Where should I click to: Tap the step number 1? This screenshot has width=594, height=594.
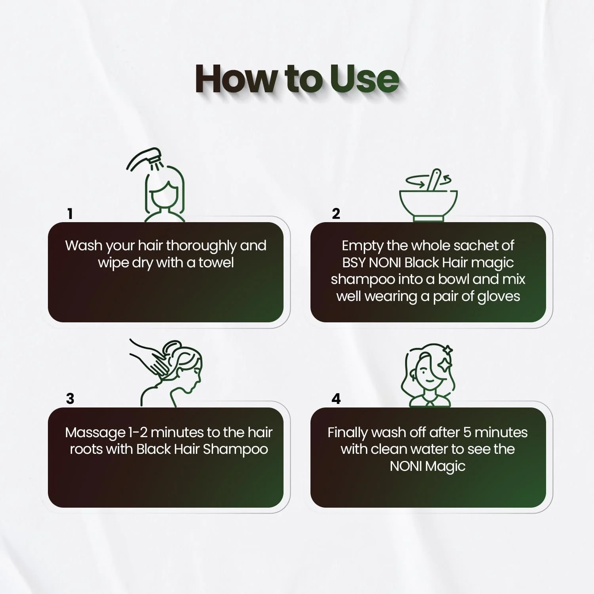[70, 214]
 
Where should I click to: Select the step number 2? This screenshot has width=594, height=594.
[336, 214]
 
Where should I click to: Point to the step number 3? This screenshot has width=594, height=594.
[70, 398]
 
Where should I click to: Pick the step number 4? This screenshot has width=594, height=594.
[336, 398]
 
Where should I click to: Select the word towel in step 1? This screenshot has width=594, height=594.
[216, 263]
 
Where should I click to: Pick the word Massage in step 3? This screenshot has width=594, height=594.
[95, 433]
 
